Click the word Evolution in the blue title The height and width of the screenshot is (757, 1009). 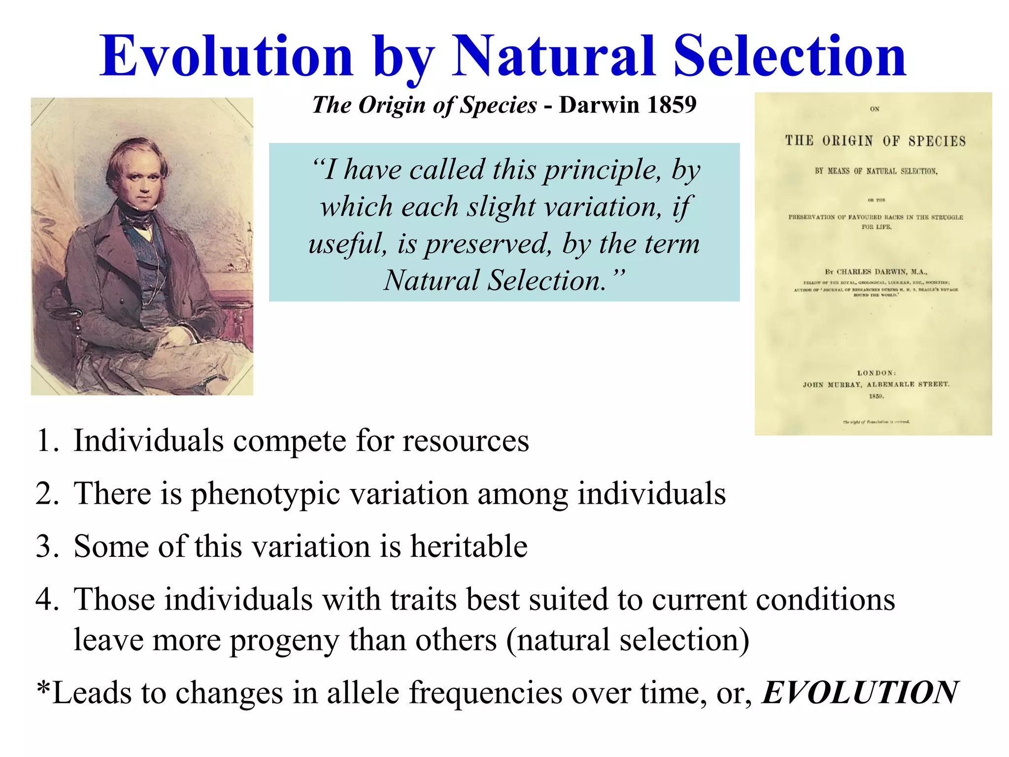[227, 57]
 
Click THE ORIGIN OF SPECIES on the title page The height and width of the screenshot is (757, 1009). [875, 141]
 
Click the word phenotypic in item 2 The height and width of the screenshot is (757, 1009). [265, 493]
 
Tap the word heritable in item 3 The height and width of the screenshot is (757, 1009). [469, 547]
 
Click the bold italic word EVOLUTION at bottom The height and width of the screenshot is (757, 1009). [860, 692]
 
